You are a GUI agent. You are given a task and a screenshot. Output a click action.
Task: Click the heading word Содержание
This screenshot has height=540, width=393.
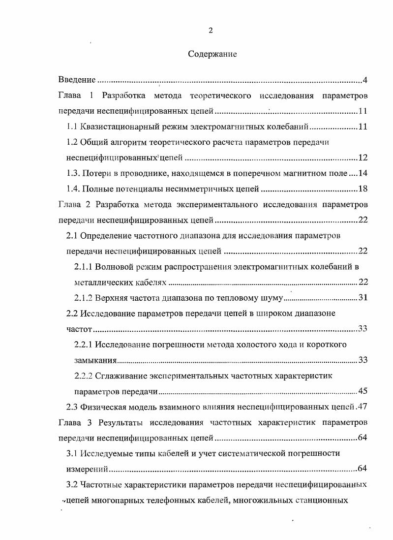212,54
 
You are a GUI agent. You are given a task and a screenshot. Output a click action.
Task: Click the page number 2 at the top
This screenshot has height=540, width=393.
211,31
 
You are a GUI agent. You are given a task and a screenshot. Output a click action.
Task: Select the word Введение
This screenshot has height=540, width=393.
77,80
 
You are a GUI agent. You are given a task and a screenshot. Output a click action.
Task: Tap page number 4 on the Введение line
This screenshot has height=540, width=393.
365,80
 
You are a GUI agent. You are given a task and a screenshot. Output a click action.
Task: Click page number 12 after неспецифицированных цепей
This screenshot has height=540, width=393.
363,158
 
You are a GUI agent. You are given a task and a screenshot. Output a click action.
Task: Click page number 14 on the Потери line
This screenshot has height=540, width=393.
363,173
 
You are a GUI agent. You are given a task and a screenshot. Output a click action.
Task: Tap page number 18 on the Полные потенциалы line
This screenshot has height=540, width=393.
363,189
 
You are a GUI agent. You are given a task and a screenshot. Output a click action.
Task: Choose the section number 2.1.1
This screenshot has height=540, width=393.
84,267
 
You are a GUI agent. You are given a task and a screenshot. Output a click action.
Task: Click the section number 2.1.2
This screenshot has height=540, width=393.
84,298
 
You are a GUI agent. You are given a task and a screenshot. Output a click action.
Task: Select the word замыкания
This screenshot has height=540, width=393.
95,360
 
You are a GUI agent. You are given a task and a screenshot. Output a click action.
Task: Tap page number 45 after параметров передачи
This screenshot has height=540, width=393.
363,391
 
